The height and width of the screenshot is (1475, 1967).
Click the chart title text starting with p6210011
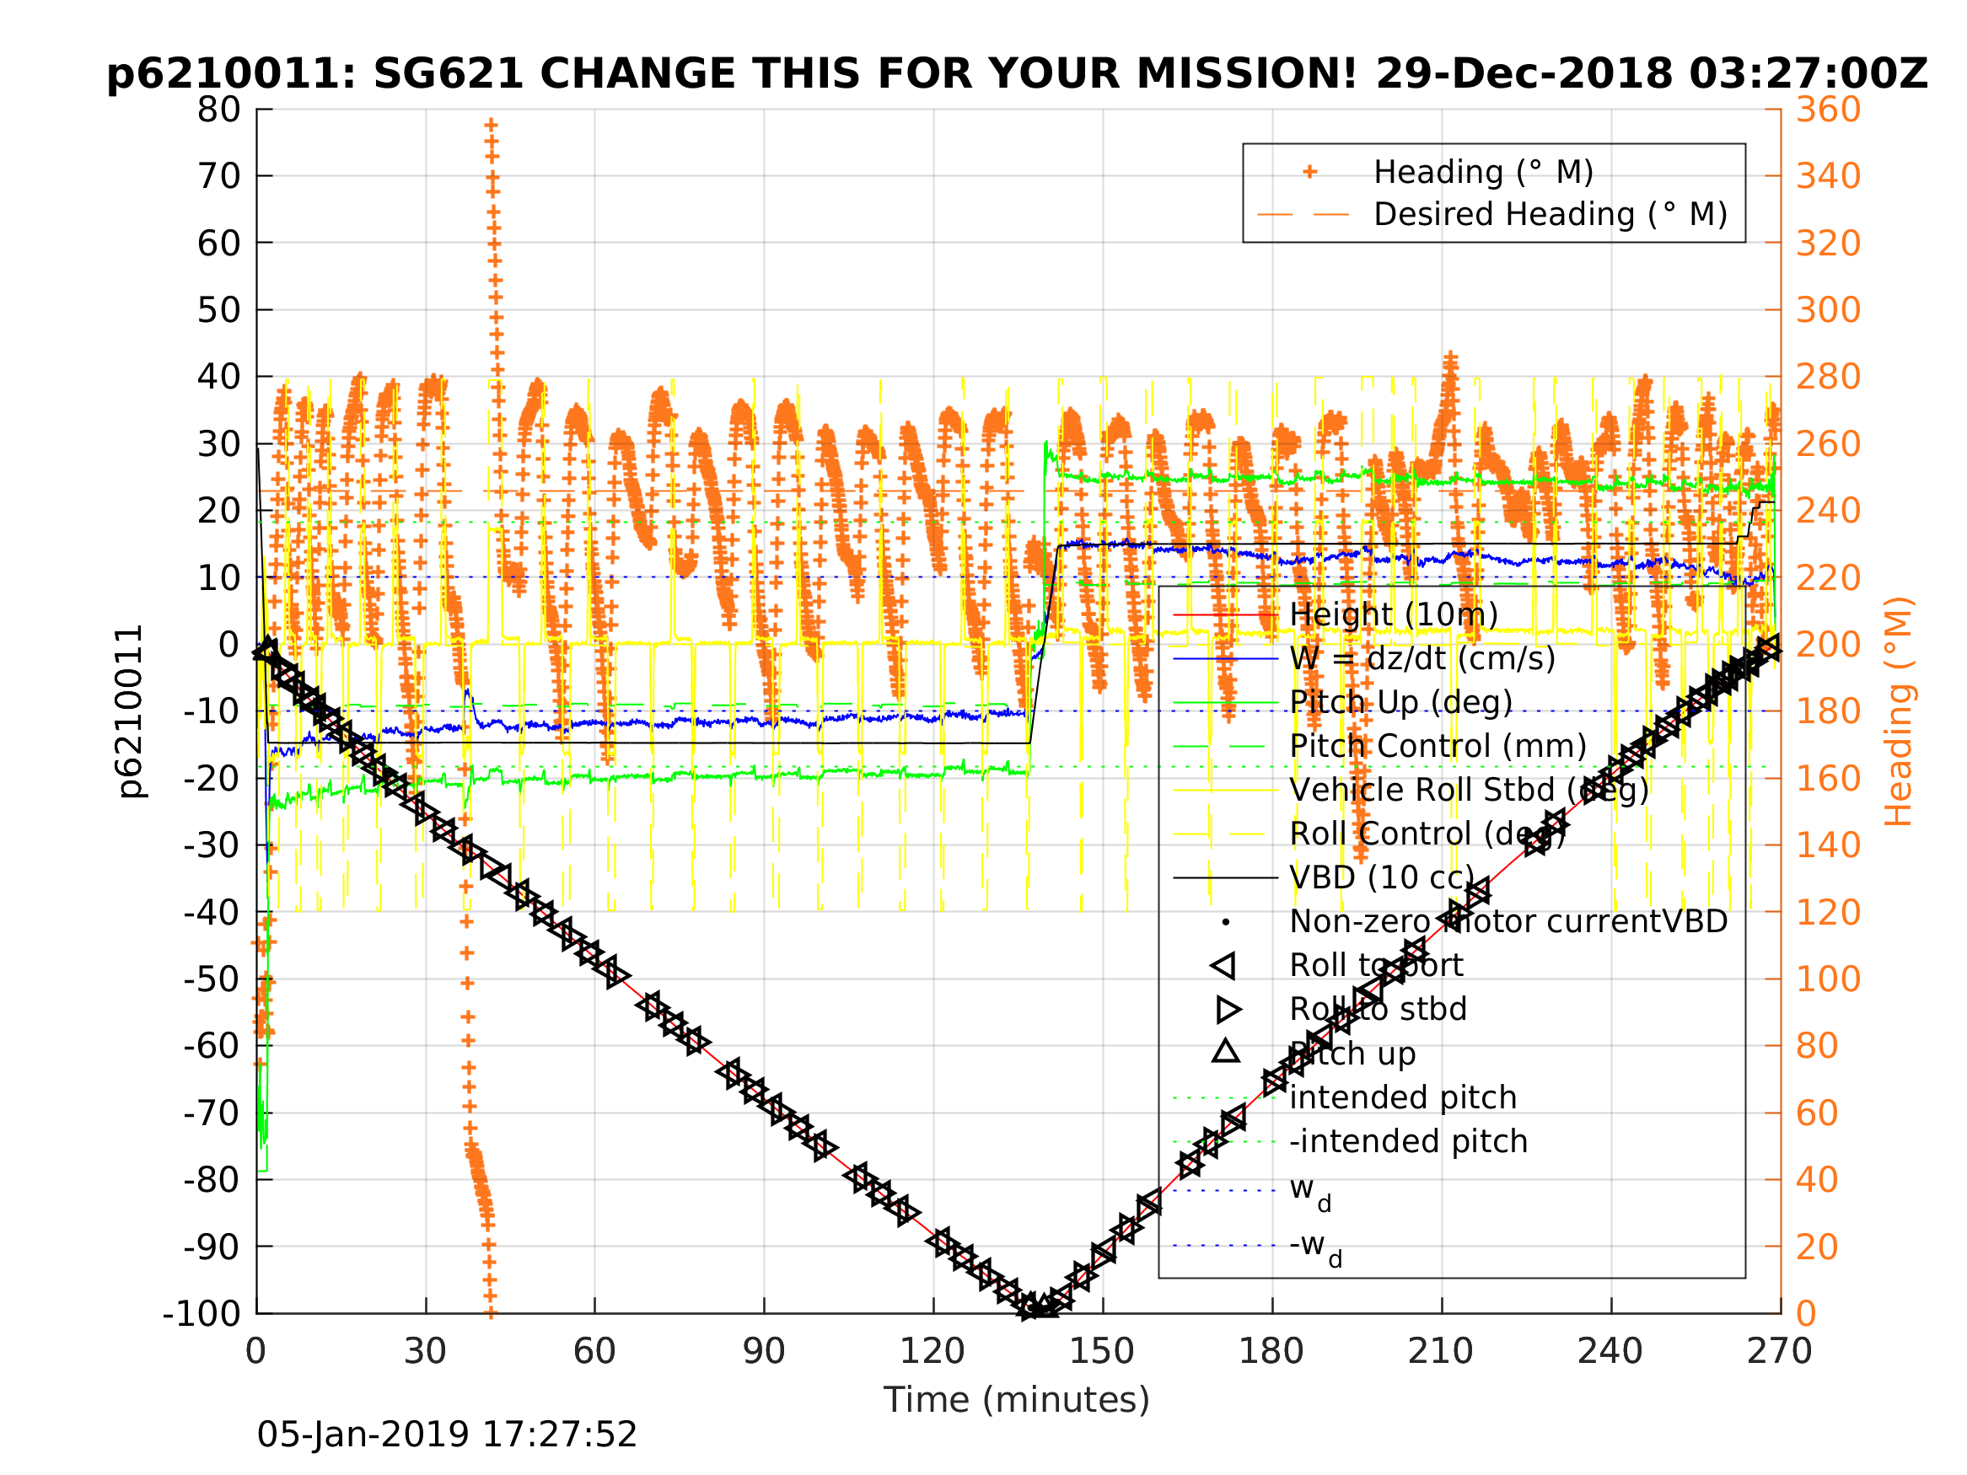tap(1017, 74)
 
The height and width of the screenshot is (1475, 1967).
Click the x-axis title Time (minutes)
tap(1017, 1399)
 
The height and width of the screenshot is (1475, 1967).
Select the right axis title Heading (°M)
tap(1899, 711)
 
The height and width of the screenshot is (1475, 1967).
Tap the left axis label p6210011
tap(131, 711)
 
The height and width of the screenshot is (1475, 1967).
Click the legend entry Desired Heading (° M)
tap(1550, 214)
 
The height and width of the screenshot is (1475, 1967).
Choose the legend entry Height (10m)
tap(1394, 614)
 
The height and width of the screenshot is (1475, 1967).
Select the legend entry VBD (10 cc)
tap(1382, 877)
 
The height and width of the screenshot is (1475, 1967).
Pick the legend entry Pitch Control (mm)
tap(1438, 746)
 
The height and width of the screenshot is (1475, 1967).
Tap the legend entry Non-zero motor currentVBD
tap(1508, 921)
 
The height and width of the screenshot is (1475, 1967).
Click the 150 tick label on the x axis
tap(1102, 1351)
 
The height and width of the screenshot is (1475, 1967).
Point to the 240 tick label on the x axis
tap(1610, 1351)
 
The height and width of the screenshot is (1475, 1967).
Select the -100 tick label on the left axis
tap(202, 1313)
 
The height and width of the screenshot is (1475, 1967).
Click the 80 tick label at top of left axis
tap(218, 110)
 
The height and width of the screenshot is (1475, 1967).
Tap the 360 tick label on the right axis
tap(1828, 110)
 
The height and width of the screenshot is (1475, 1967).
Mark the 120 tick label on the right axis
tap(1828, 912)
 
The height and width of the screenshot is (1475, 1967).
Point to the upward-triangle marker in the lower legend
tap(1225, 1052)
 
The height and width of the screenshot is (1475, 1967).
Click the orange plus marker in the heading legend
tap(1309, 172)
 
